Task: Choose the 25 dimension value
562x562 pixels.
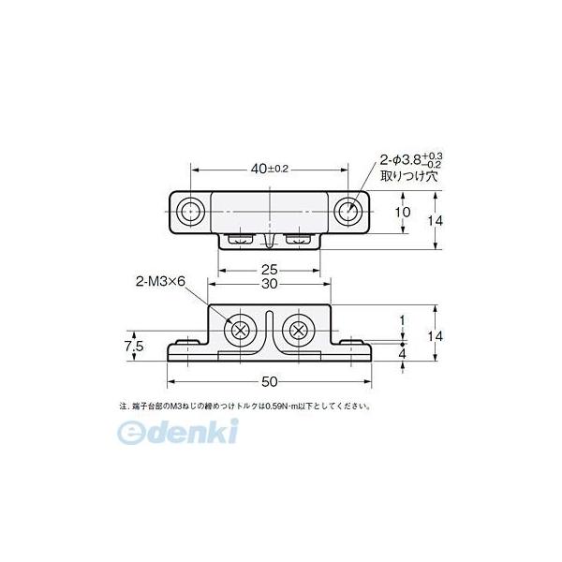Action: click(x=271, y=269)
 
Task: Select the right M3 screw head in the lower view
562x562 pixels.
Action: click(x=299, y=330)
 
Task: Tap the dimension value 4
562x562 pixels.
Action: click(x=402, y=355)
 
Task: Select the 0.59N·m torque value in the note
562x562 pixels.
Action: click(x=295, y=407)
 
